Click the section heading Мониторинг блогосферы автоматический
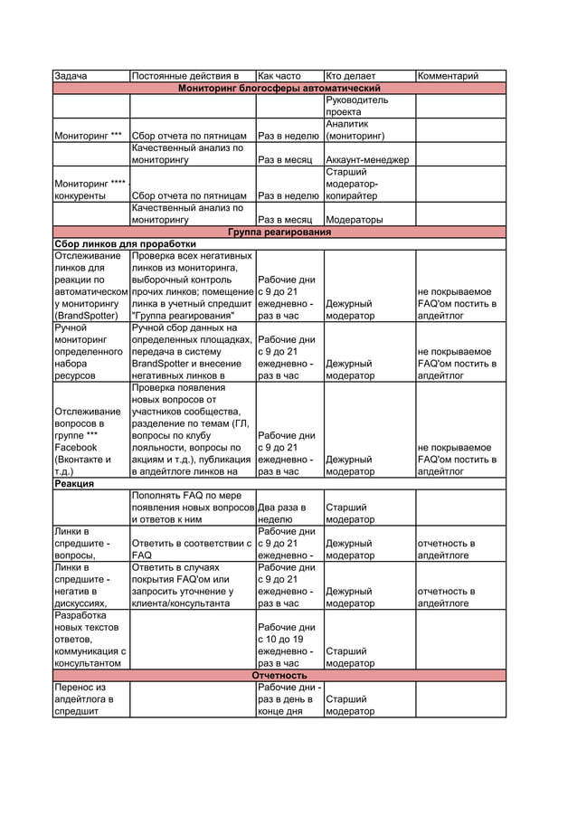point(279,88)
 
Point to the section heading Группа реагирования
point(279,232)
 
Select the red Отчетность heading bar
point(279,676)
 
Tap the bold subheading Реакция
point(74,484)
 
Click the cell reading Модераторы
point(355,220)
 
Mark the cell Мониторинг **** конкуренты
point(90,189)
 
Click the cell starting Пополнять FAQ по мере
point(192,508)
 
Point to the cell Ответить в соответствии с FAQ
point(192,549)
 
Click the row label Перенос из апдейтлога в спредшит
point(90,699)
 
